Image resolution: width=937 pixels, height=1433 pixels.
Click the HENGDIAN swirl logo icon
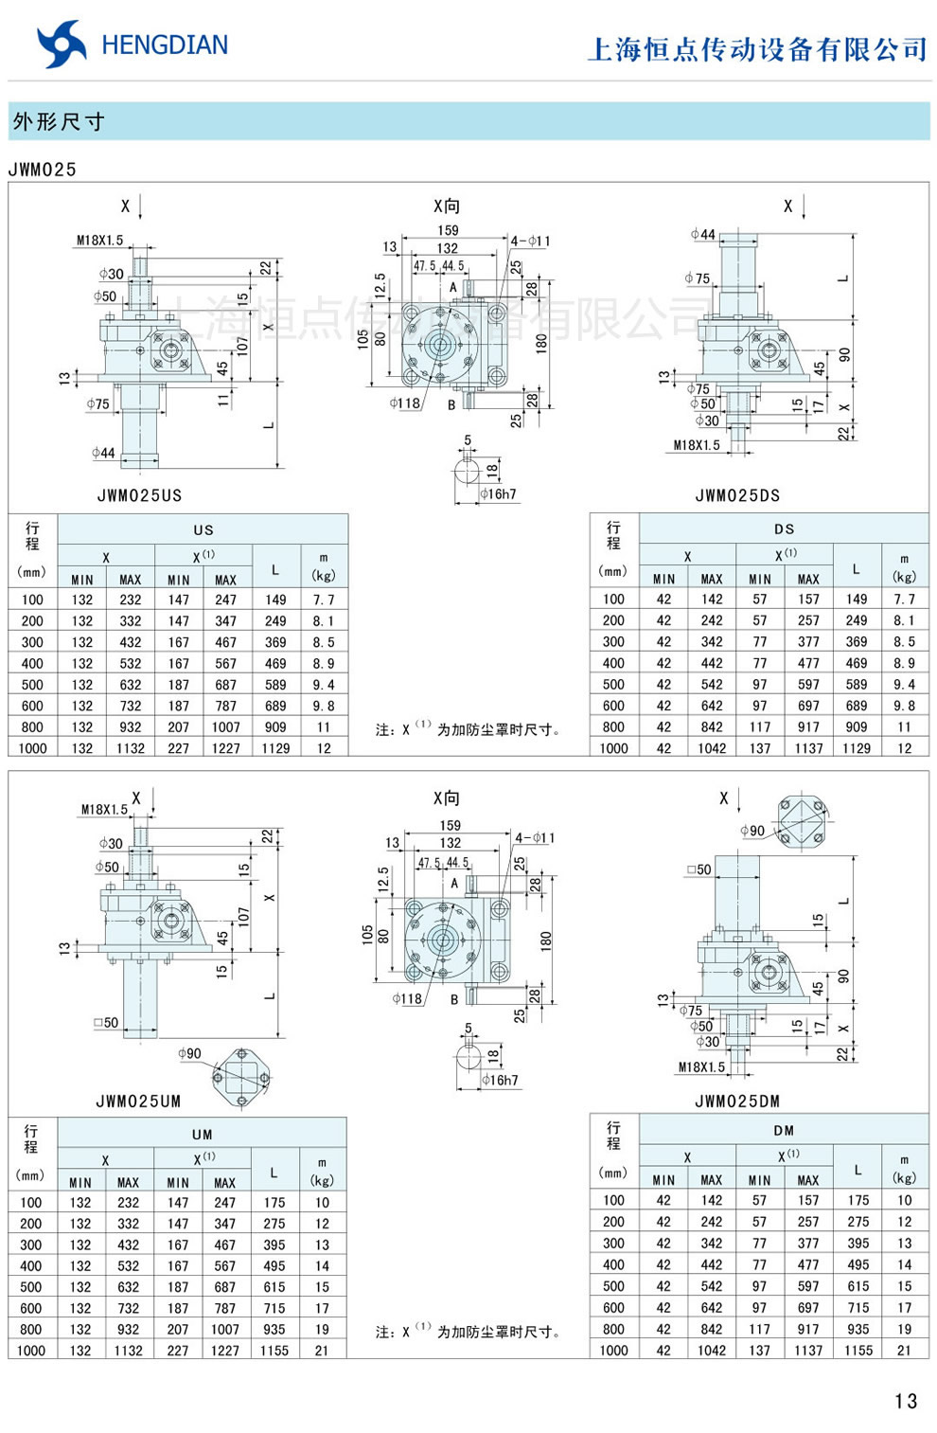[61, 45]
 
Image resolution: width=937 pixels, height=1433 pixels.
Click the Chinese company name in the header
[757, 49]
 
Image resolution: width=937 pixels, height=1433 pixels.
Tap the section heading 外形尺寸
[59, 122]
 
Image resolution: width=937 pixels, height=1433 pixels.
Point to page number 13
[905, 1401]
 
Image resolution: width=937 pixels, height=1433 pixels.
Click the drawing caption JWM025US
[139, 495]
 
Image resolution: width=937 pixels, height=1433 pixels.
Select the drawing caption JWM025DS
[737, 495]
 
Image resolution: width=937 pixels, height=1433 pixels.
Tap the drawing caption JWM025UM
[138, 1102]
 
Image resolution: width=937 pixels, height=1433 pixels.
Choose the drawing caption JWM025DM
[737, 1102]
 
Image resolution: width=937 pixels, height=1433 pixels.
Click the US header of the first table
[203, 530]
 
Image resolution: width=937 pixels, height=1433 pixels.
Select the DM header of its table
[784, 1130]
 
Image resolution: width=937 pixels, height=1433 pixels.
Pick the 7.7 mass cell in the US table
[324, 600]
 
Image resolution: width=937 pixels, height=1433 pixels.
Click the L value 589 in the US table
[275, 685]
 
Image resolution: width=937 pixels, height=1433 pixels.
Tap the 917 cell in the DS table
[808, 727]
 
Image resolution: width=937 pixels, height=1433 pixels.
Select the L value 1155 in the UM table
[274, 1351]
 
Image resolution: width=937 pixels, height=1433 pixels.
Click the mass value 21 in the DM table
[905, 1351]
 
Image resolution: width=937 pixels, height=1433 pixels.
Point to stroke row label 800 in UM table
[31, 1330]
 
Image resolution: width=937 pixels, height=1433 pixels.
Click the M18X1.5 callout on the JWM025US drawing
[99, 241]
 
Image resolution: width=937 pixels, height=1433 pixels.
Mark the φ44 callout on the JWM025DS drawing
[703, 234]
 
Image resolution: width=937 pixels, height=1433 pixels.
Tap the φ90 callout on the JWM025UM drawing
[189, 1053]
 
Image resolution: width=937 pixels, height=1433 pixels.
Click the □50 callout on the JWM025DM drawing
[698, 869]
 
